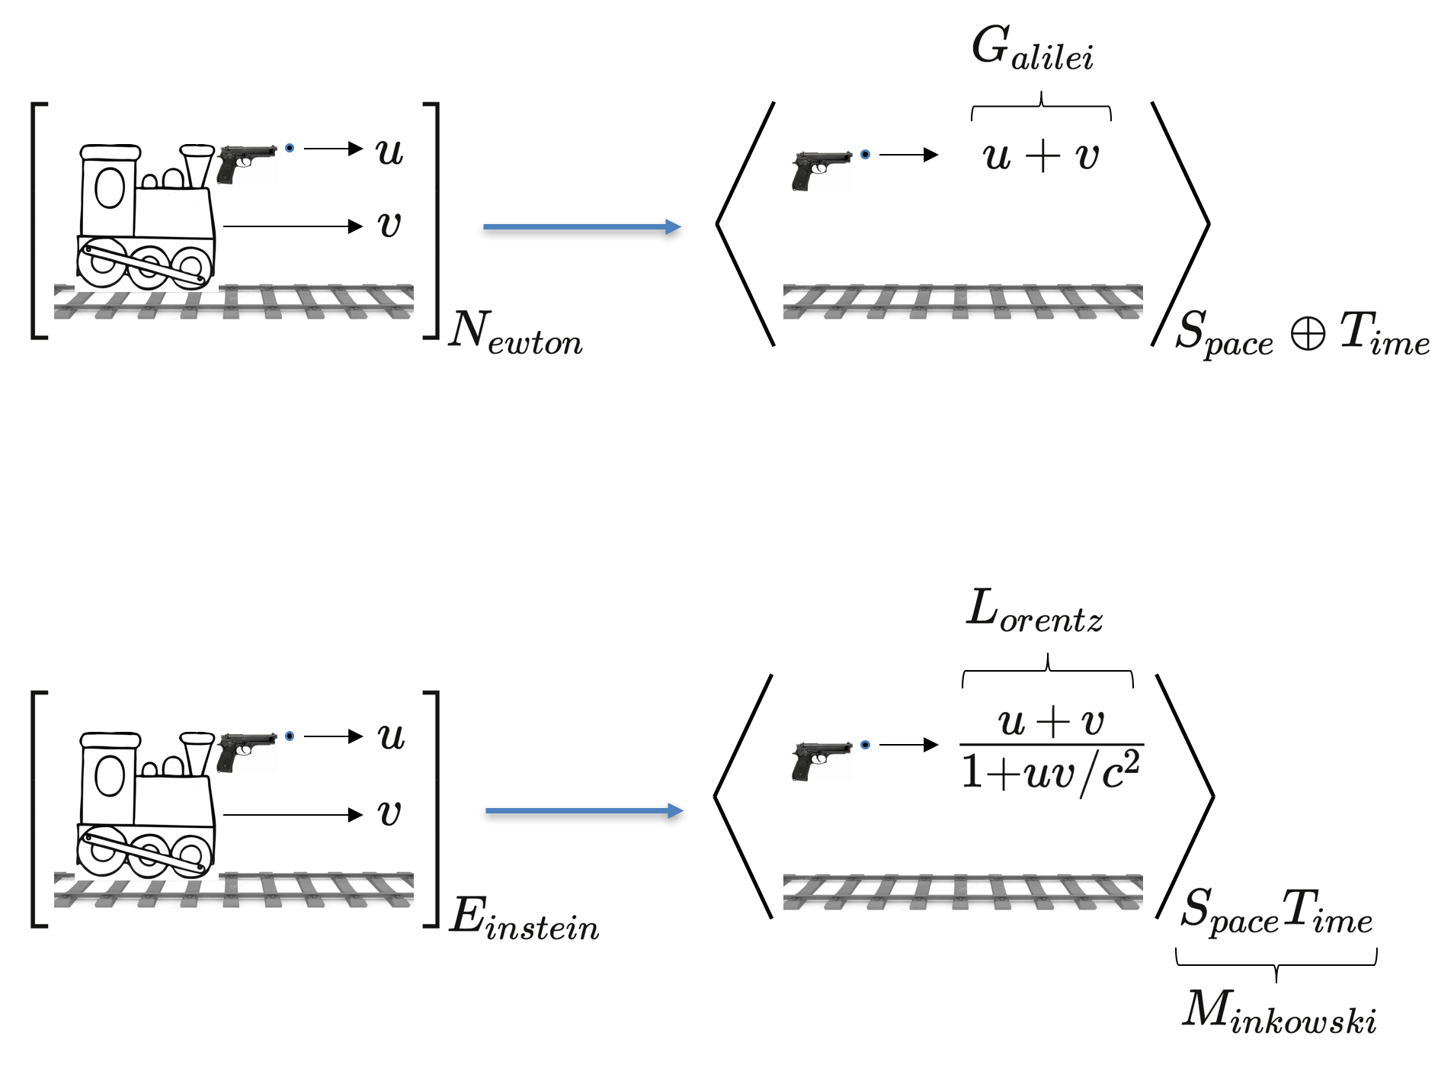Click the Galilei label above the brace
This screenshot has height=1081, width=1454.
point(1033,49)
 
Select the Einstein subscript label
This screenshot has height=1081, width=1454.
point(524,918)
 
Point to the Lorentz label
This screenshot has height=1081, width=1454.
point(1034,611)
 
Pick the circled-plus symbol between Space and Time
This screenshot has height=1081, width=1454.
point(1308,333)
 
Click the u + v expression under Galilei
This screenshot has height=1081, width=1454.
point(1041,156)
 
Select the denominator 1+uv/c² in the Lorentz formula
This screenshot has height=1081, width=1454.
point(1051,771)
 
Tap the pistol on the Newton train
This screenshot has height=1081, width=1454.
point(245,162)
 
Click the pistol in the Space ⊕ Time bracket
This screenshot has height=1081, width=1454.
point(821,169)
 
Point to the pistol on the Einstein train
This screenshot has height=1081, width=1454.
point(245,750)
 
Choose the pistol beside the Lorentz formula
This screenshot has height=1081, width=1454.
point(821,760)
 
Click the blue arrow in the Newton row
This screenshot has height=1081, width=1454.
point(581,226)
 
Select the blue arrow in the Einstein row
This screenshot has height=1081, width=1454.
point(584,811)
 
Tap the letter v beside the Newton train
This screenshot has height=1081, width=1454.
point(389,225)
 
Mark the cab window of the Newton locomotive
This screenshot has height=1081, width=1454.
point(110,188)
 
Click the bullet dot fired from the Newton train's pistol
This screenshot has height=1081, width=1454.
point(290,148)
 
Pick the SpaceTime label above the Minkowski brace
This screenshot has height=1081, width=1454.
point(1276,911)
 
